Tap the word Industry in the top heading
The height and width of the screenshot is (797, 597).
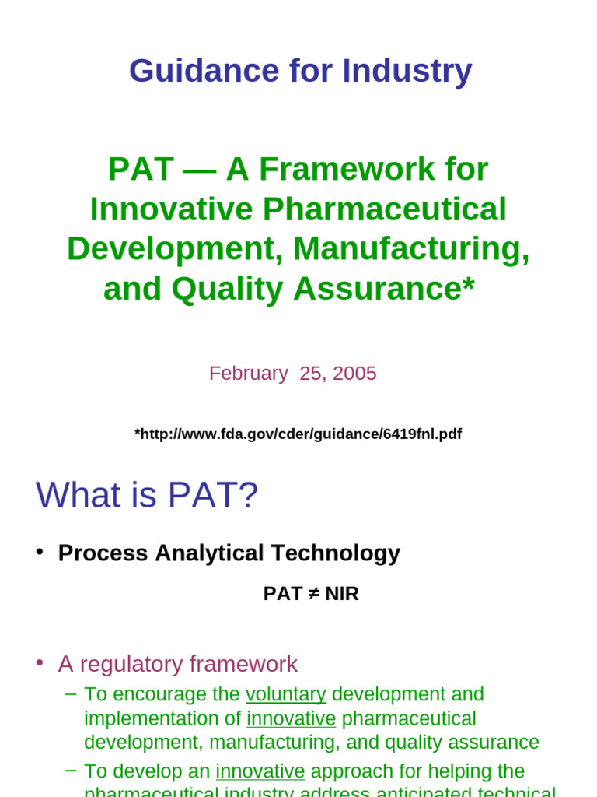[407, 71]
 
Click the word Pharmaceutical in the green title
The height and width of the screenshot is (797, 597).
[385, 209]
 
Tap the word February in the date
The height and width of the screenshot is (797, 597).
[248, 374]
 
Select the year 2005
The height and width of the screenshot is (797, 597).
[354, 374]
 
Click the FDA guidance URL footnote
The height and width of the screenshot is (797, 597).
[298, 434]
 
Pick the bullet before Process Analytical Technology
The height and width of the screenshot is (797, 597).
[40, 551]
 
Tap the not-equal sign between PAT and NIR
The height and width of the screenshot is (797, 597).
[313, 594]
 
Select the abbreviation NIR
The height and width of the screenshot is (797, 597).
[342, 594]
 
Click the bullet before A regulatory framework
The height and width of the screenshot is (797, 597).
[40, 662]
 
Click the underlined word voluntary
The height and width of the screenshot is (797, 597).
[285, 694]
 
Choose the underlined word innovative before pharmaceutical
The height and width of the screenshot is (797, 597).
[291, 718]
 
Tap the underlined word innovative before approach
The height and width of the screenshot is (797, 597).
[260, 771]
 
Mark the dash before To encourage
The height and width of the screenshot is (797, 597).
[72, 693]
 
